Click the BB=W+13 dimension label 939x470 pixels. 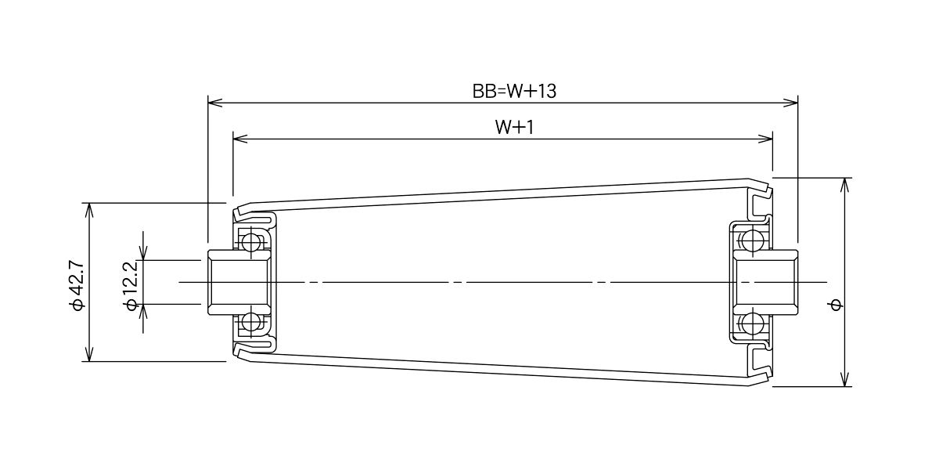[514, 91]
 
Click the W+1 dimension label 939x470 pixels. [514, 127]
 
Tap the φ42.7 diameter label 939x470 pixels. [77, 285]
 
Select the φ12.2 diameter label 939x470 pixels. [131, 285]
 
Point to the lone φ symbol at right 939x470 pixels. [836, 305]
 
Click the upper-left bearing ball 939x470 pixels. [250, 241]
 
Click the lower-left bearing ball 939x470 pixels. [250, 323]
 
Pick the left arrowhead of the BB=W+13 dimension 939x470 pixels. [215, 103]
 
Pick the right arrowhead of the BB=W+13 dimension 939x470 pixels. [790, 103]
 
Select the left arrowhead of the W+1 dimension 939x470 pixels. [240, 139]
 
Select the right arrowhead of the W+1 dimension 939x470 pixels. [765, 139]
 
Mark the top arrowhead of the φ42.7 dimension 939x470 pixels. [89, 210]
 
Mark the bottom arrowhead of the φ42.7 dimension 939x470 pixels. [89, 354]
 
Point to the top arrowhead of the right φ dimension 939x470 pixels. [844, 185]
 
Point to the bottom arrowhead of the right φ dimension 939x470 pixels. [844, 379]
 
